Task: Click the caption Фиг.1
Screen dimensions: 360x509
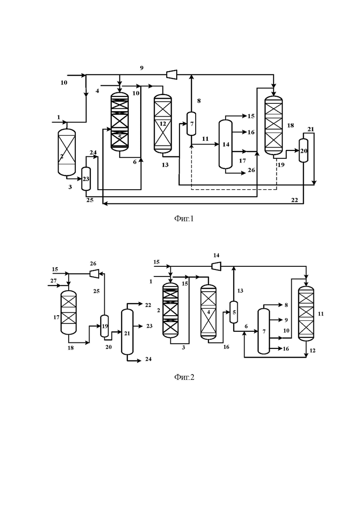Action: click(184, 219)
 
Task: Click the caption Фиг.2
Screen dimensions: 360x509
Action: click(184, 377)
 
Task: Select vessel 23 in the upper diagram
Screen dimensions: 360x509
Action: click(86, 179)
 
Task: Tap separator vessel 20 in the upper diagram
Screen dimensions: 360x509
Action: click(303, 150)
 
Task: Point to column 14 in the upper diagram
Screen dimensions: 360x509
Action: click(226, 144)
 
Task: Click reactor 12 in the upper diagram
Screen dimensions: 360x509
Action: click(162, 124)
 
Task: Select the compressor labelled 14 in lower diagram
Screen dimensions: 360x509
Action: click(216, 266)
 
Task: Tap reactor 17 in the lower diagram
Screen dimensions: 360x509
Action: click(68, 312)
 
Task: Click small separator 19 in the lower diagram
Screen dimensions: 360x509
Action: click(104, 326)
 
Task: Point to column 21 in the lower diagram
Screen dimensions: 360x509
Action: click(127, 332)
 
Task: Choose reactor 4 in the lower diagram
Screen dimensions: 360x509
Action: click(209, 312)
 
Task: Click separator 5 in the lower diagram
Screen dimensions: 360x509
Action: click(234, 312)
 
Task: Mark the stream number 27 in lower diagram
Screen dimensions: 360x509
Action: click(53, 281)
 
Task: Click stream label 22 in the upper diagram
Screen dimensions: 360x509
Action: click(294, 200)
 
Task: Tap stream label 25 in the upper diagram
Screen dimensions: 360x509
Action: click(90, 200)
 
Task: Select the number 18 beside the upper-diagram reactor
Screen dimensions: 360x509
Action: click(290, 126)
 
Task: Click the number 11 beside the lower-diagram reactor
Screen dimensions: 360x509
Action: click(321, 314)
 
